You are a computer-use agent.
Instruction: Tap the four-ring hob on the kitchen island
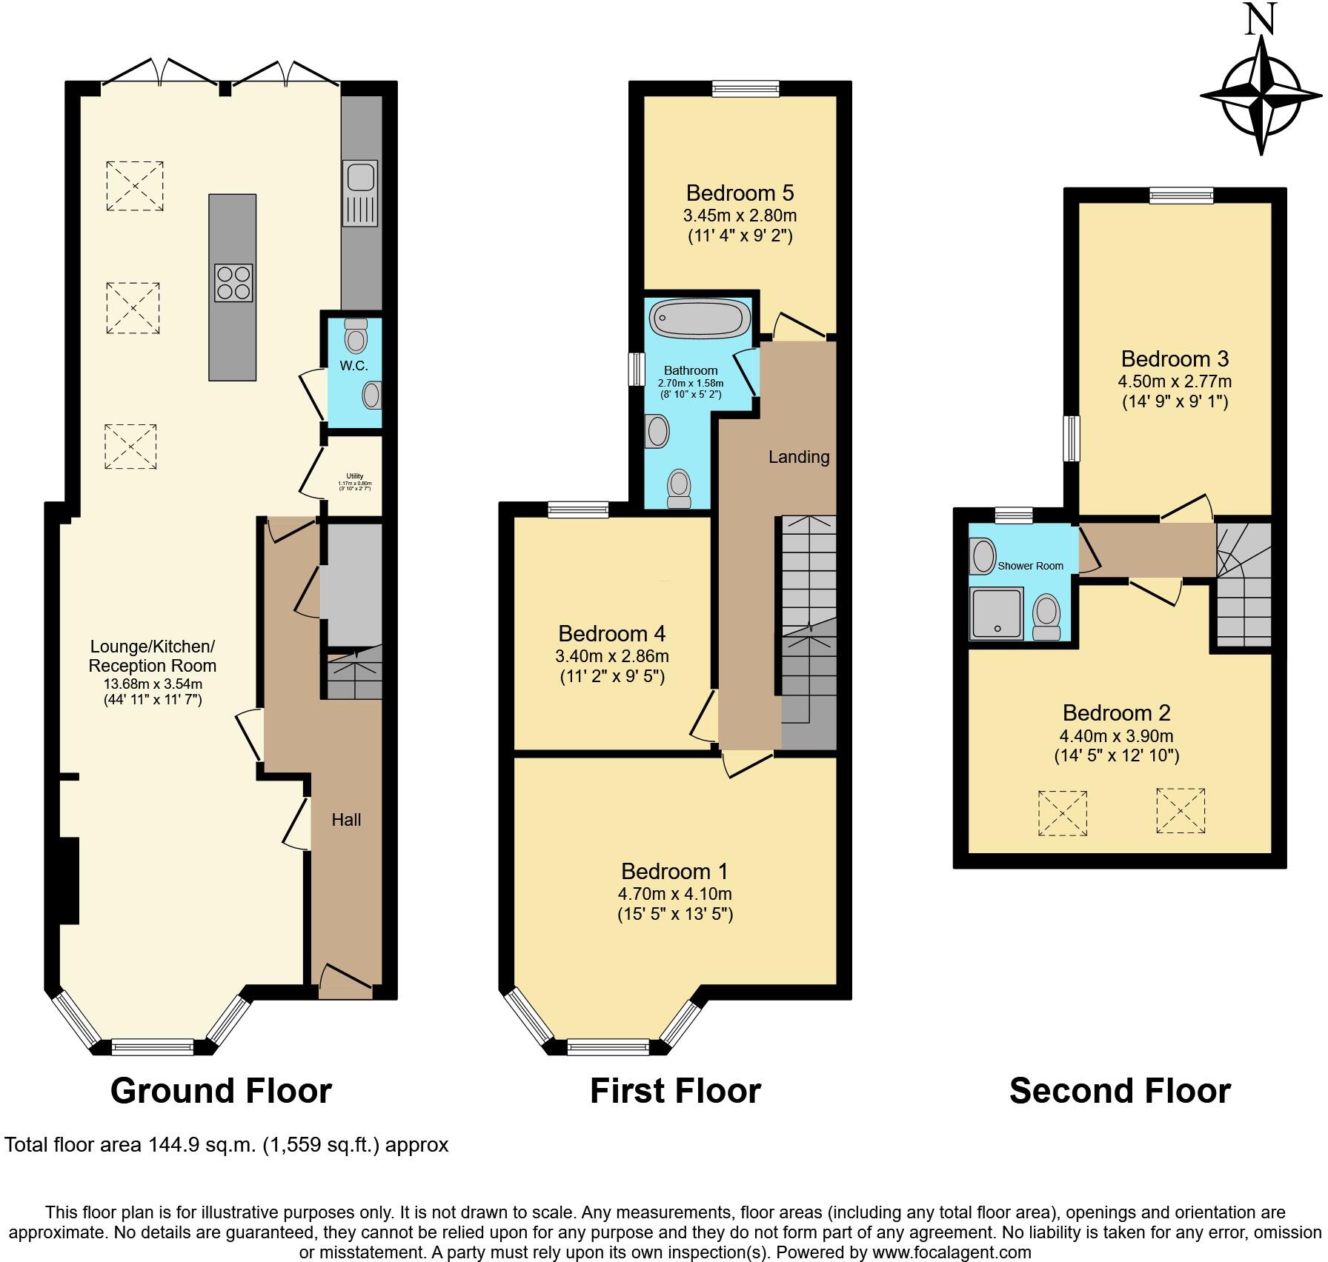(233, 283)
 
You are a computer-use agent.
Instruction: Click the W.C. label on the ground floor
(353, 366)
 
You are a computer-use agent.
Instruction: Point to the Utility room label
(354, 476)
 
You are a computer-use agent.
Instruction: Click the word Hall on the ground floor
(346, 820)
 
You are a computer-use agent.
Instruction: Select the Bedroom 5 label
(740, 193)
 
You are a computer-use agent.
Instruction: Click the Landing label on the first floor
(798, 457)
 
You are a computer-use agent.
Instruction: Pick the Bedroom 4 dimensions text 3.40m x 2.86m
(611, 656)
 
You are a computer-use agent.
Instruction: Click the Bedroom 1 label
(674, 871)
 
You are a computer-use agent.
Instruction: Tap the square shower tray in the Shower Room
(997, 613)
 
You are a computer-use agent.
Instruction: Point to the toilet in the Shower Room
(1046, 617)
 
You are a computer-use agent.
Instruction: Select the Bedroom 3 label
(1175, 359)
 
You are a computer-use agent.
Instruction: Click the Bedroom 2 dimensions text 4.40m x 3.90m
(1116, 736)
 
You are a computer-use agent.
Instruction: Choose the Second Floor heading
(1120, 1091)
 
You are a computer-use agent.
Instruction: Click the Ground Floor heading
(221, 1091)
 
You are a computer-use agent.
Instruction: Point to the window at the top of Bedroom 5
(746, 89)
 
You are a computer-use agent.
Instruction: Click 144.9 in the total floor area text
(170, 1145)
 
